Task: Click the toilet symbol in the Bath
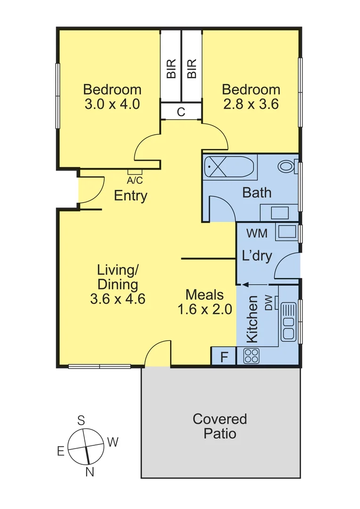pos(286,166)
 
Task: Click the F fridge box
pos(224,357)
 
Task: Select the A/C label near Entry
pos(135,180)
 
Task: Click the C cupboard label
pos(181,112)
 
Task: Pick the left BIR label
pos(171,69)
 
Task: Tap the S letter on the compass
pos(81,420)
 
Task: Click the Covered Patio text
pos(220,426)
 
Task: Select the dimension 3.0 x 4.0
pos(112,104)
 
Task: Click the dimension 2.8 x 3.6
pos(251,104)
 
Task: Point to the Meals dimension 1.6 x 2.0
pos(205,310)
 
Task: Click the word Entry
pos(131,196)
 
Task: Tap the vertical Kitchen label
pos(253,319)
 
